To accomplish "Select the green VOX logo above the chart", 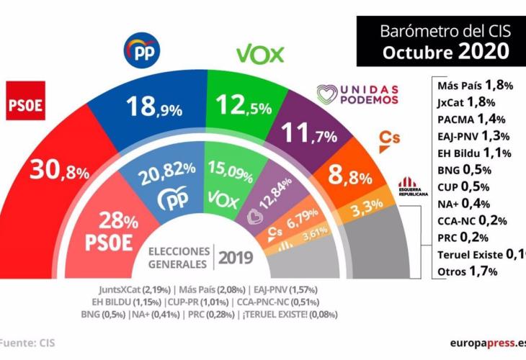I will click(260, 54).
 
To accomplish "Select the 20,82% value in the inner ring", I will click(168, 168).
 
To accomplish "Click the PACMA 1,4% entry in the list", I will click(471, 119).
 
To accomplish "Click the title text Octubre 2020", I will click(446, 53).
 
